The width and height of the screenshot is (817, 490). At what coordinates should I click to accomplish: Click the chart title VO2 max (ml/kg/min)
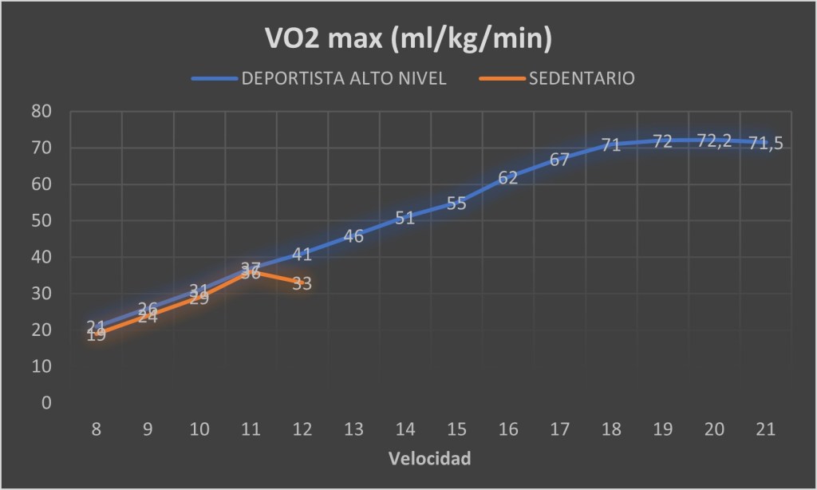click(408, 39)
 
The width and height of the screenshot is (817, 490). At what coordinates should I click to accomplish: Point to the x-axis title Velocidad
click(429, 459)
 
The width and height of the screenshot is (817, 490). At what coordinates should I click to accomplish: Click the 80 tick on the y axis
click(41, 112)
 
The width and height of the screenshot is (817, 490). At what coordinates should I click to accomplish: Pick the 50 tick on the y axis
click(41, 221)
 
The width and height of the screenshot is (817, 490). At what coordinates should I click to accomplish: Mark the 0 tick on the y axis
click(46, 403)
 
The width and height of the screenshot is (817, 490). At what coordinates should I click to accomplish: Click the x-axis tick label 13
click(353, 430)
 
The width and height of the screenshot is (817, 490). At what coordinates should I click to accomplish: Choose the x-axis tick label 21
click(765, 430)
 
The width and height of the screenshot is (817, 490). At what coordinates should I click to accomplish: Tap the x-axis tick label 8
click(97, 430)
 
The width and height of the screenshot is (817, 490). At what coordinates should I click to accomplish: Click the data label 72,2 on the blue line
click(714, 141)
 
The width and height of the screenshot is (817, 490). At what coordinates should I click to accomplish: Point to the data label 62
click(508, 178)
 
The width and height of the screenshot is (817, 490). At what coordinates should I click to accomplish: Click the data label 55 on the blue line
click(456, 204)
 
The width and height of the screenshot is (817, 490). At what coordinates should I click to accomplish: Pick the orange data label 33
click(302, 283)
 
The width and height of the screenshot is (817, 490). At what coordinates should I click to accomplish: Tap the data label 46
click(353, 236)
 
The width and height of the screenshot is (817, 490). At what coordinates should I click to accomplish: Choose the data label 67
click(559, 160)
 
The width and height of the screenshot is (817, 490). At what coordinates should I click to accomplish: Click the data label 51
click(405, 218)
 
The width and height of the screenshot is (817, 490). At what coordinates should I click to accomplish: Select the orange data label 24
click(148, 318)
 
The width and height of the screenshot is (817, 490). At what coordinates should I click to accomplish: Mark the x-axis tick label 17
click(559, 430)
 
